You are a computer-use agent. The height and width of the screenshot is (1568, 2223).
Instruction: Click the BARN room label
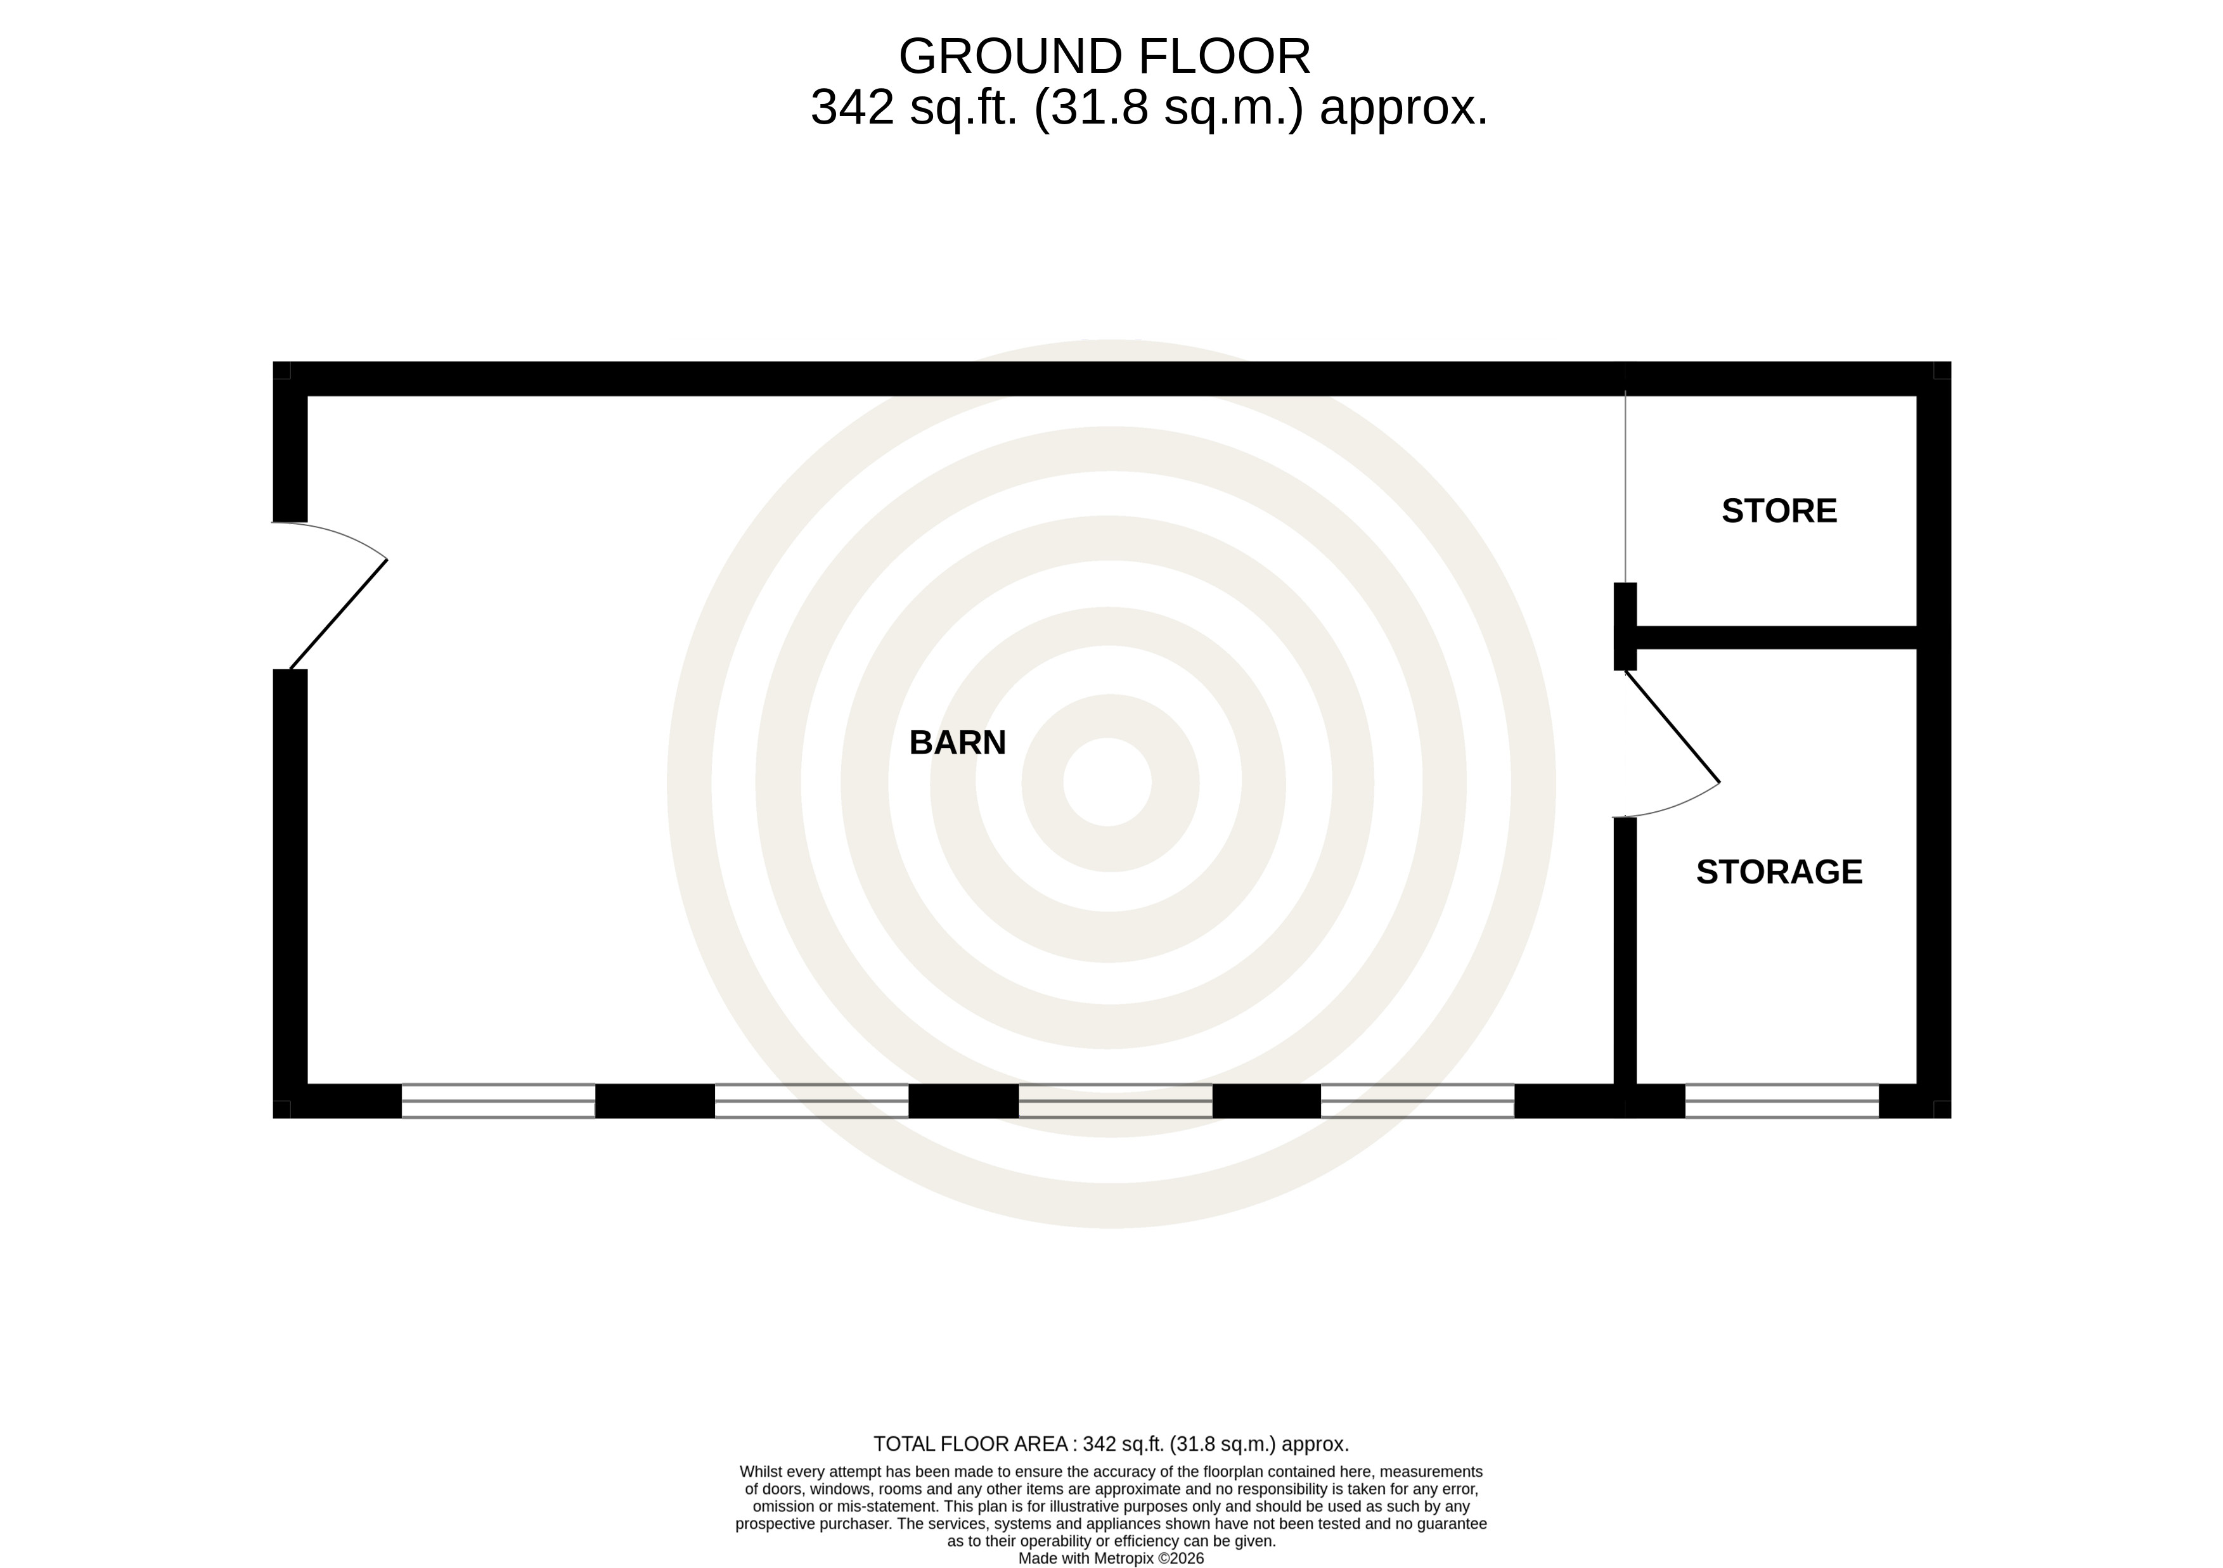(x=958, y=742)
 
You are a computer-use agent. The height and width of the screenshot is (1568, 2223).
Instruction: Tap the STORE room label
(x=1779, y=511)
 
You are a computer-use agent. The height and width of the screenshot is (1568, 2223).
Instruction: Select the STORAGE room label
(x=1779, y=872)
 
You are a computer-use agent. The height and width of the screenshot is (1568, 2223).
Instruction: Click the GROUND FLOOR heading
(x=1105, y=56)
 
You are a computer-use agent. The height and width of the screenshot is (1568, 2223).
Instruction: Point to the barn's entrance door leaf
(x=338, y=615)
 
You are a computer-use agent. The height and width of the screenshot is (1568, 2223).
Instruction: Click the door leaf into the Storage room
(x=1672, y=726)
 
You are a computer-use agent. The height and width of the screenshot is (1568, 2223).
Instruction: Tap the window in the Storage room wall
(x=1781, y=1100)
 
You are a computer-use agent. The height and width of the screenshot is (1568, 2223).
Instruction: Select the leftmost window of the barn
(x=498, y=1100)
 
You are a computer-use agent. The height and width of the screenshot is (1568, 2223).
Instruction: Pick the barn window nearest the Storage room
(x=1417, y=1100)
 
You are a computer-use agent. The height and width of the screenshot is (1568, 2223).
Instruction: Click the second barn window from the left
(x=811, y=1100)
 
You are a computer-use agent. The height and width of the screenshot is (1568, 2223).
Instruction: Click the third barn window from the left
(x=1116, y=1100)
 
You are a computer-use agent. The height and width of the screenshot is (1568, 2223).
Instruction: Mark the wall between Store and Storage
(x=1775, y=638)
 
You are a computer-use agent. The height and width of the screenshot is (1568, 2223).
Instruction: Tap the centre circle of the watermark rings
(x=1107, y=782)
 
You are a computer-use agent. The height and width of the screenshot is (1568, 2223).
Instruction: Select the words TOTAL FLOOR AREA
(x=971, y=1444)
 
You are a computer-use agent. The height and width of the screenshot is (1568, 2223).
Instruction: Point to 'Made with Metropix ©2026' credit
(x=1111, y=1558)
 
